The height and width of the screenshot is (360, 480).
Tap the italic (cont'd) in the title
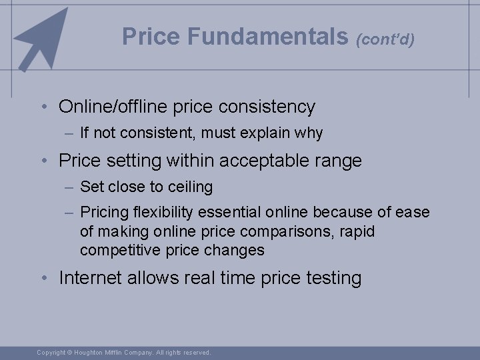coord(386,39)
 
